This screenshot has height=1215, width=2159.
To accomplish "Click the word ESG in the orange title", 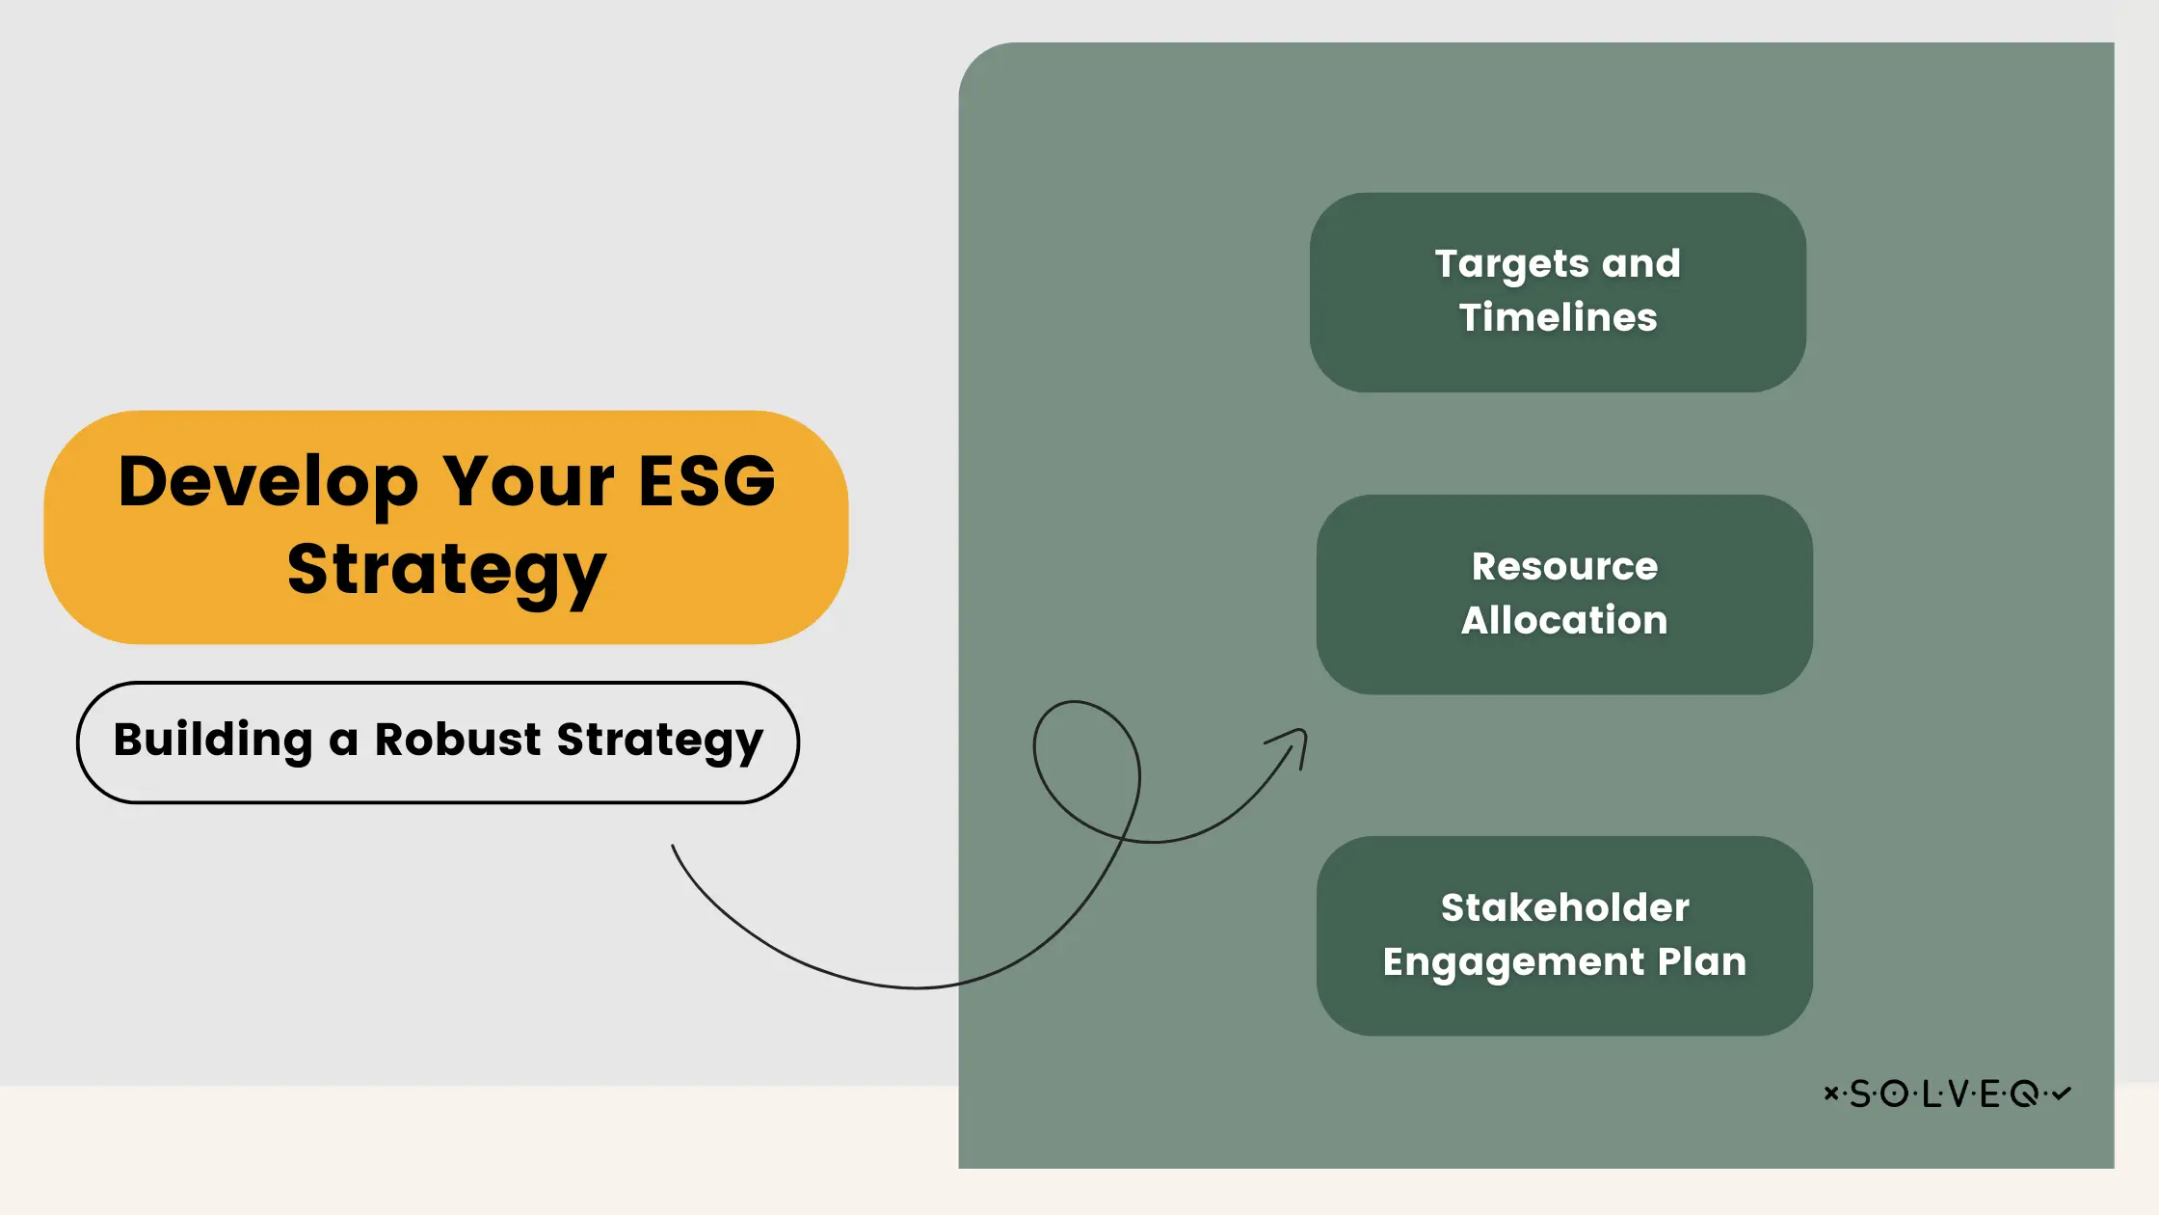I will (x=706, y=480).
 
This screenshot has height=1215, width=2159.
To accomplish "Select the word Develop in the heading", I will (x=268, y=482).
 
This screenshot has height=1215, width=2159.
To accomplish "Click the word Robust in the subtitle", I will (x=457, y=740).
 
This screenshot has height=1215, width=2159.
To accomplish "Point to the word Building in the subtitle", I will (x=213, y=740).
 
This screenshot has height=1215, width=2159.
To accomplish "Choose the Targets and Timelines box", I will (x=1558, y=292).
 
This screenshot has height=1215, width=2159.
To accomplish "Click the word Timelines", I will (x=1558, y=317).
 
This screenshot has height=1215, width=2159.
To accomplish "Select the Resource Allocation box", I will (x=1563, y=594).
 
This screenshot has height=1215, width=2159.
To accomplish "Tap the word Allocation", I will (x=1563, y=620).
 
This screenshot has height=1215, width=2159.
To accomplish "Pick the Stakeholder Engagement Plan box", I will (x=1563, y=935).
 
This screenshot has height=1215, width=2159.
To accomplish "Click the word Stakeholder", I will (x=1564, y=907).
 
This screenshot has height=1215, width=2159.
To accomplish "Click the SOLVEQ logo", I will (x=1947, y=1093).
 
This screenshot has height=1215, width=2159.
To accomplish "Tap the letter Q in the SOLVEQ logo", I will (x=2024, y=1093).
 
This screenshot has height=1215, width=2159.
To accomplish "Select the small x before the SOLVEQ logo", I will (x=1830, y=1093).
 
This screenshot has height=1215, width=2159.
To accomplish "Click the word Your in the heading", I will (x=528, y=480).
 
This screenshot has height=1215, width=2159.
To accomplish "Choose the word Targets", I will (x=1511, y=264).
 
